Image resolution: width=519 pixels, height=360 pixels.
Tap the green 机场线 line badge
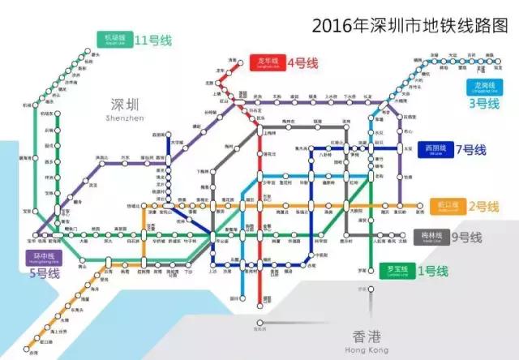[x=114, y=38]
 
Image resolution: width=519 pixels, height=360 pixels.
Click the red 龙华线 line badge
[x=267, y=63]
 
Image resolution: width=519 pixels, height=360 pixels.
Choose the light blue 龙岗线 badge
[x=482, y=87]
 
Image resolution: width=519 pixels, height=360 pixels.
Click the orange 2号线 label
[x=483, y=205]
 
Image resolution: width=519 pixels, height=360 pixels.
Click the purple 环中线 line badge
[x=41, y=257]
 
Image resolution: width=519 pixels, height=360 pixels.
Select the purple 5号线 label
[x=41, y=273]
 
